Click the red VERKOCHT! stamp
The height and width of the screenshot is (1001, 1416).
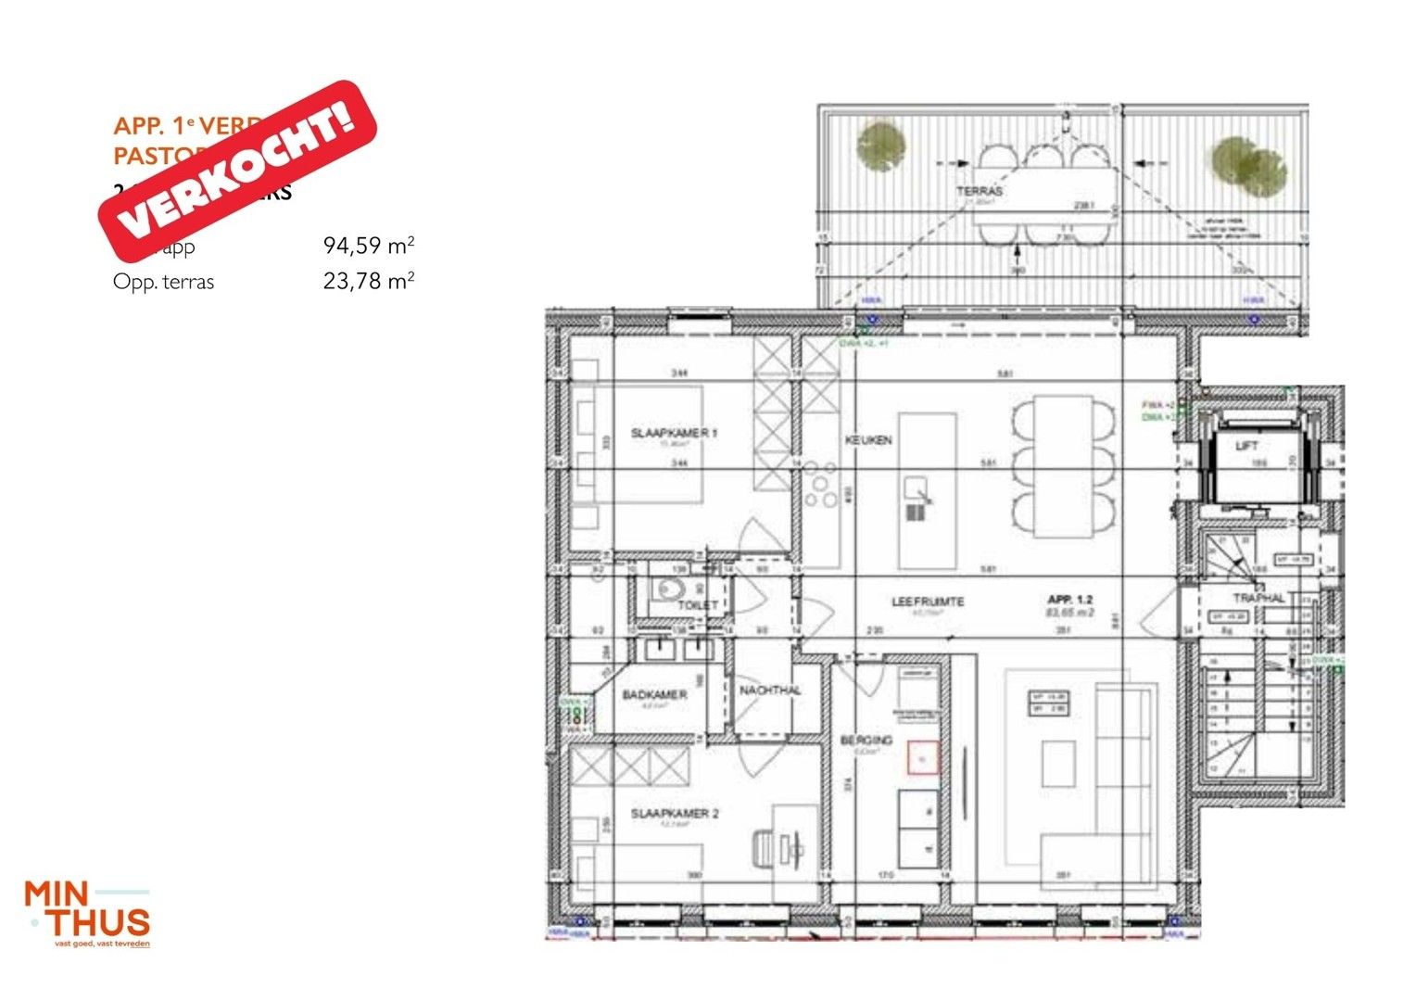point(237,171)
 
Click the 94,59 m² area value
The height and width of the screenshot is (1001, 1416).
point(368,246)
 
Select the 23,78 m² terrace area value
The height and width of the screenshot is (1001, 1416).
point(368,281)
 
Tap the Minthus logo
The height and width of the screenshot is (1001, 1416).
point(87,913)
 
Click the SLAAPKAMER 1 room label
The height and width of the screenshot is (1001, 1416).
point(674,433)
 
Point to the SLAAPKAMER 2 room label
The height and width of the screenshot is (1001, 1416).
point(675,814)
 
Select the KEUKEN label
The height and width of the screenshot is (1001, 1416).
point(868,439)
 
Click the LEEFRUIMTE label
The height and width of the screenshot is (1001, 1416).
point(928,602)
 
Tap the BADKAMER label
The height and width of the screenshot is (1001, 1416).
point(654,694)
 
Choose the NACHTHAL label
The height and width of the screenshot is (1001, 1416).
point(770,691)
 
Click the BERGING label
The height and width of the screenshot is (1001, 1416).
point(866,740)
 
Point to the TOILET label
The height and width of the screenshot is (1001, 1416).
point(697,604)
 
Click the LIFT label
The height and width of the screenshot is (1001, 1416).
point(1246,446)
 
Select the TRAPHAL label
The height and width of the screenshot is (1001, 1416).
point(1258,598)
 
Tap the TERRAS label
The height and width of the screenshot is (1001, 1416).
point(980,190)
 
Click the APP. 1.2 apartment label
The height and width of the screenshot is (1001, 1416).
point(1070,600)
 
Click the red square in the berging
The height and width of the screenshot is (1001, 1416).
point(922,758)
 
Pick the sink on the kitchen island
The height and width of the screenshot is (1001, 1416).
point(917,486)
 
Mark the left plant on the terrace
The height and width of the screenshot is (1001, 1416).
point(880,146)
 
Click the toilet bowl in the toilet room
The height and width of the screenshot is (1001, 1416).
point(667,589)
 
